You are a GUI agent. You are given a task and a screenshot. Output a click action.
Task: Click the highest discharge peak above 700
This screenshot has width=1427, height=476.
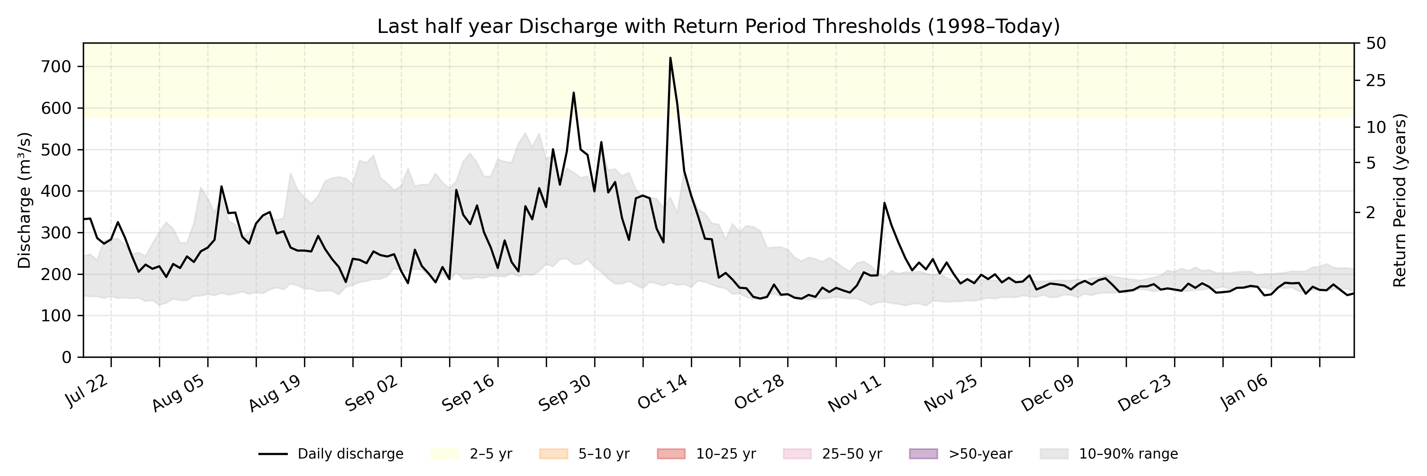670,58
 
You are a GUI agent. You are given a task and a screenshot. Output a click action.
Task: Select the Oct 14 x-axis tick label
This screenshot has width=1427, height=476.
662,392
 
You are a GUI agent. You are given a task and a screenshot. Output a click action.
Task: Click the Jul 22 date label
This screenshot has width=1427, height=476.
87,392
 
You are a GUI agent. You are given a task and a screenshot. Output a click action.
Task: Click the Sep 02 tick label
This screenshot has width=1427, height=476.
372,393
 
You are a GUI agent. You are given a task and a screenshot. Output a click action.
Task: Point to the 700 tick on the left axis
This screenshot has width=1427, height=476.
57,67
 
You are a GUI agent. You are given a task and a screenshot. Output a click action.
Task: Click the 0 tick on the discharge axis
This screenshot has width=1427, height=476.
67,357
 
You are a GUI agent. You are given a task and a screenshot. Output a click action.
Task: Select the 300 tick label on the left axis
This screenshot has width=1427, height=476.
57,233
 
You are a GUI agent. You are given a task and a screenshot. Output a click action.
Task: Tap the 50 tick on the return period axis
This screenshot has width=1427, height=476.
1376,43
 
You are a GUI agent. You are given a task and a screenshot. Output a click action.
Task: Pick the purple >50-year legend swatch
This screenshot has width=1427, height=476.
924,454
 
